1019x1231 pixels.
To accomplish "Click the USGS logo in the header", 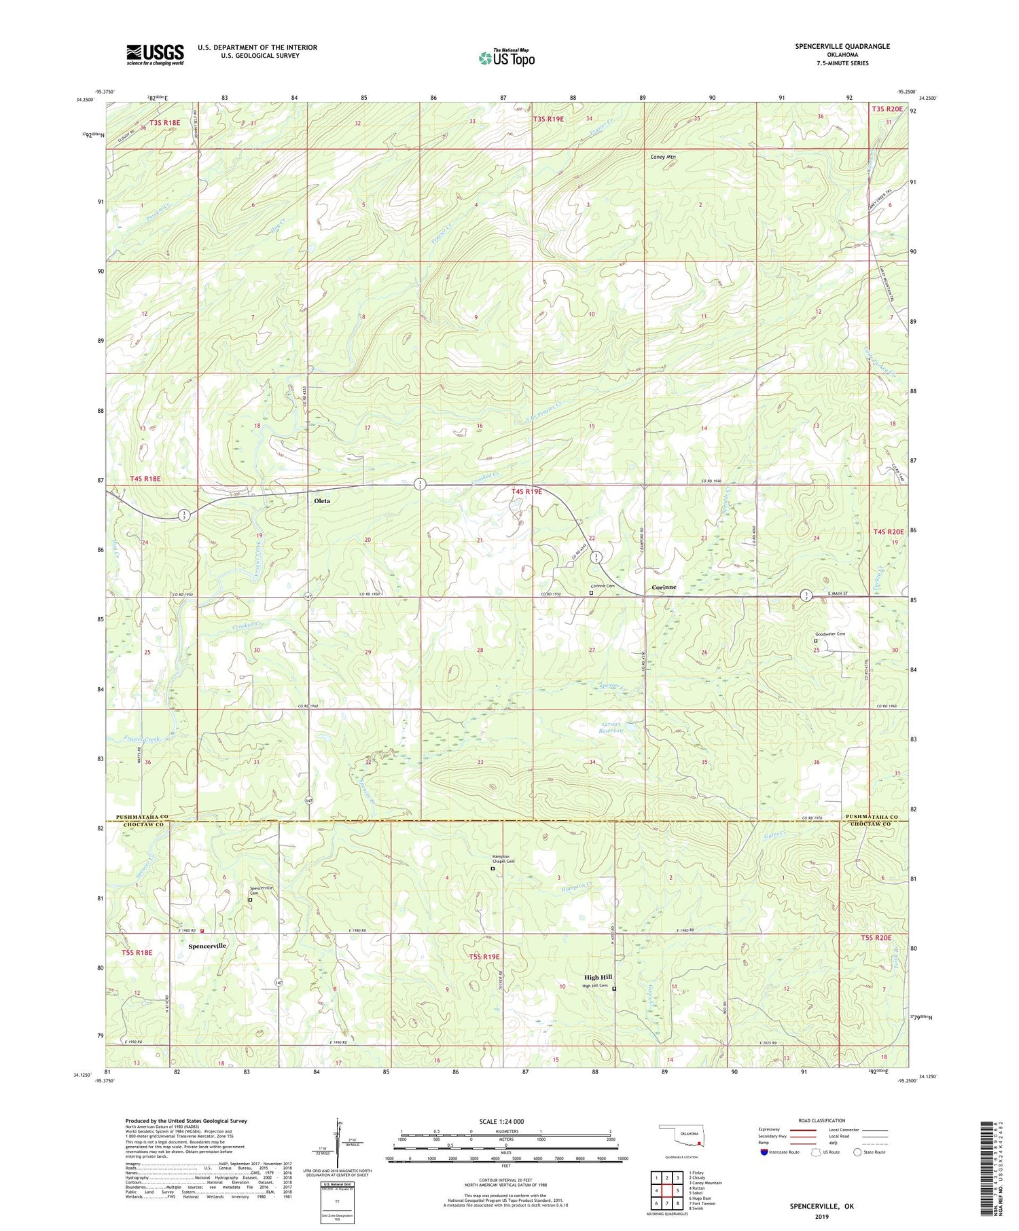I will click(x=155, y=54).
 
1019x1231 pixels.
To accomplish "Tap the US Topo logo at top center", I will click(x=506, y=58).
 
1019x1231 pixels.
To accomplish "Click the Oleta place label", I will click(x=321, y=501).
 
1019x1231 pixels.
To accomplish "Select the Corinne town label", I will click(x=664, y=587).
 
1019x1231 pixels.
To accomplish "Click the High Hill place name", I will click(x=598, y=978).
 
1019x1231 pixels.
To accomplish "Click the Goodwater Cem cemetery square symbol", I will click(x=816, y=640).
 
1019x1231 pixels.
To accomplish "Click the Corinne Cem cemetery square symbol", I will click(x=591, y=592).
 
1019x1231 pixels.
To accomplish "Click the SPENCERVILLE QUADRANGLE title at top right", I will click(x=842, y=46).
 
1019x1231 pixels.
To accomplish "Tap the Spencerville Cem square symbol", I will click(x=250, y=900).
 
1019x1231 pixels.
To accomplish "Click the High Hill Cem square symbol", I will click(x=614, y=989).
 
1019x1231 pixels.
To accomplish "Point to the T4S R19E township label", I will click(x=526, y=491).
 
